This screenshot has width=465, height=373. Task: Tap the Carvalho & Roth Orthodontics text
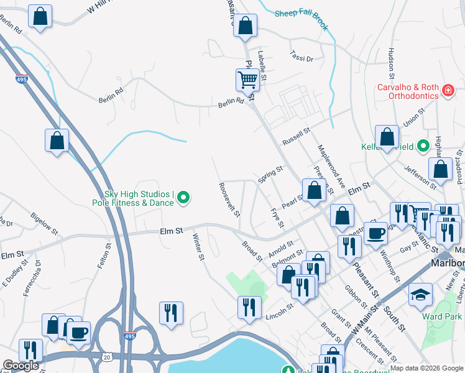(409, 92)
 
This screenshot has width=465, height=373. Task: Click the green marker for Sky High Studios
(183, 199)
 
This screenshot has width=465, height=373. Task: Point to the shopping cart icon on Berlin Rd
(247, 80)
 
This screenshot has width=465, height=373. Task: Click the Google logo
(21, 366)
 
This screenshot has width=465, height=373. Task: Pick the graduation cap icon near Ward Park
(420, 295)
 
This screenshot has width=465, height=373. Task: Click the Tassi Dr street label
(302, 55)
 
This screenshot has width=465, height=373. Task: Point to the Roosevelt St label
(229, 199)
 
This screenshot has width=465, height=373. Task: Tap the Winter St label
(198, 246)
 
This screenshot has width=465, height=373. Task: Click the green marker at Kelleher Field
(423, 147)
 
